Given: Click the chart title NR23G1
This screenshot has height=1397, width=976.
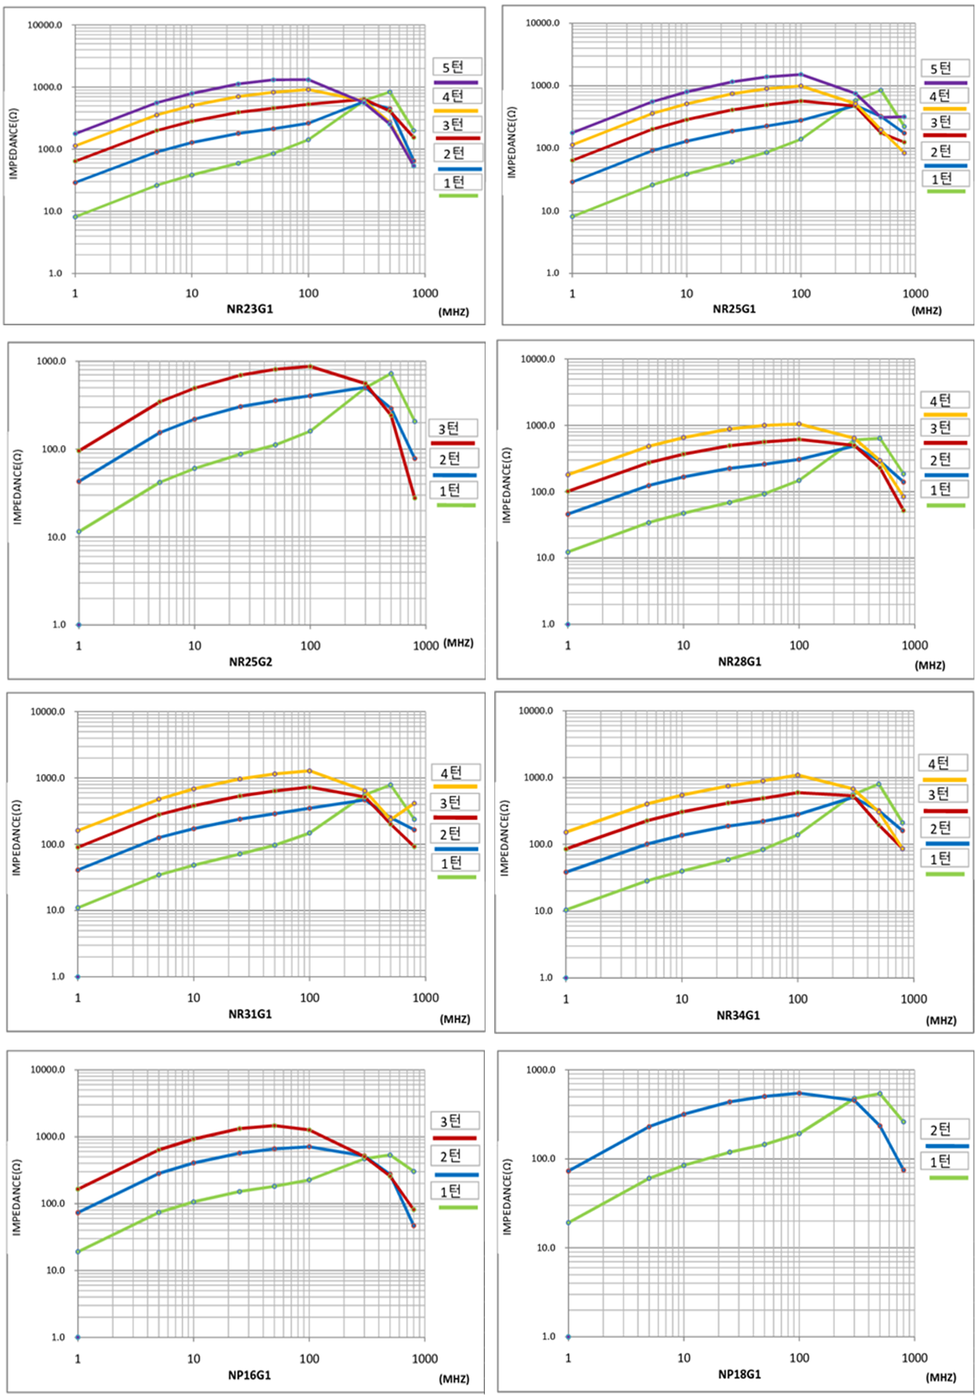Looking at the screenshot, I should [249, 309].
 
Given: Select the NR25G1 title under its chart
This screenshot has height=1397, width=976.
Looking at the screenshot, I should [734, 309].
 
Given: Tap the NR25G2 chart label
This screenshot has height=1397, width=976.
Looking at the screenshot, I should [250, 661].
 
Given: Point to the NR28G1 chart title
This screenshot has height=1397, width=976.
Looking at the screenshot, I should [740, 661].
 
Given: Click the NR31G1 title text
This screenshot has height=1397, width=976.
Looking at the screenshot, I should [250, 1013].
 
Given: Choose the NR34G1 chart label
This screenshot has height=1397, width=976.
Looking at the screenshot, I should [738, 1015].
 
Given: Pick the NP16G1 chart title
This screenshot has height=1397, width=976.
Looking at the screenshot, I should [249, 1375].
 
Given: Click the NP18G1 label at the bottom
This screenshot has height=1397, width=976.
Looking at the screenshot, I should [740, 1373].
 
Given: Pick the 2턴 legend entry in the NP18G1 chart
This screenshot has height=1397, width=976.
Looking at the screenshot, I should [941, 1129].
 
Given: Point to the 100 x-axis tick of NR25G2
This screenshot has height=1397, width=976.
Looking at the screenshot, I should [310, 646].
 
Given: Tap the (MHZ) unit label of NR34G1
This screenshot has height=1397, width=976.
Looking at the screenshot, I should [941, 1020].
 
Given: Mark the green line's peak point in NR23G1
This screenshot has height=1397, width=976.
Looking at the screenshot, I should [390, 92].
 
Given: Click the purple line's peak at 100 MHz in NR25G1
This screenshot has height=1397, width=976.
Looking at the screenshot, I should [801, 74].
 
